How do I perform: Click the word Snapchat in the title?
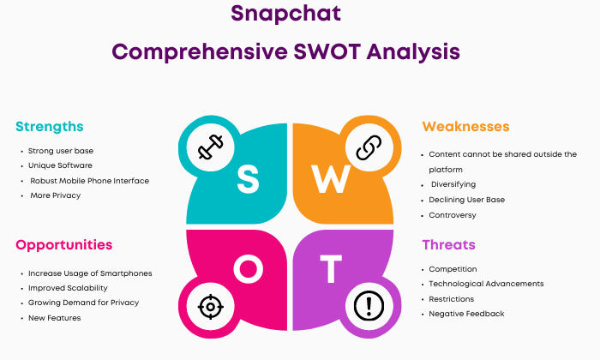pos(285,15)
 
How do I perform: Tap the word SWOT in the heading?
pos(327,51)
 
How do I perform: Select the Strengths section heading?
pos(50,127)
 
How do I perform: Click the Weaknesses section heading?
pos(465,126)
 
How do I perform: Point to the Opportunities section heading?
pos(64,245)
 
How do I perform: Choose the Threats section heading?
pos(448,244)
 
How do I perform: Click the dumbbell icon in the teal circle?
pos(211,147)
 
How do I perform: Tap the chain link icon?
pos(369,147)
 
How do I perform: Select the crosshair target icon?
pos(211,307)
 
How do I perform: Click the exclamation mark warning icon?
pos(369,306)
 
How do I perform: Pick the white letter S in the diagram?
pos(248,178)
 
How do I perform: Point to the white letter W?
pos(331,178)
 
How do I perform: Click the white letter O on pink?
pos(248,269)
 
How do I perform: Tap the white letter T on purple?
pos(331,269)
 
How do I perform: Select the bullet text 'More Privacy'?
pos(56,195)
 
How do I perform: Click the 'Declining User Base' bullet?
pos(466,200)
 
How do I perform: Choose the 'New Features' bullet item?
pos(54,318)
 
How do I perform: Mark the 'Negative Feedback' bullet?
pos(466,314)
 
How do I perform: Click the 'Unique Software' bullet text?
pos(60,165)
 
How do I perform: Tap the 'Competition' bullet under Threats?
pos(453,269)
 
